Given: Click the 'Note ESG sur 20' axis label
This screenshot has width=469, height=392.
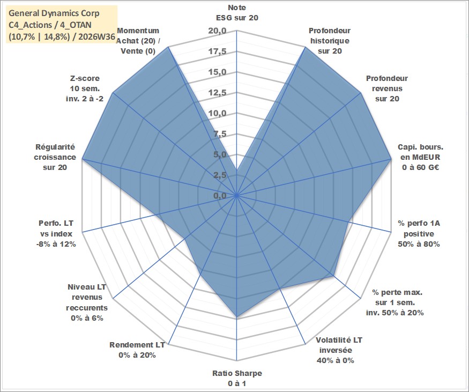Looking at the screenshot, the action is tap(237, 12).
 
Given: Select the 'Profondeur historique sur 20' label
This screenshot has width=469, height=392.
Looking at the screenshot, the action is tap(330, 41).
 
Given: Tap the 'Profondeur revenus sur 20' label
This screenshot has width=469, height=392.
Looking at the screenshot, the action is tap(387, 88).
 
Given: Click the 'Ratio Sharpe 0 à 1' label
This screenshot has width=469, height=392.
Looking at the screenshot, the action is tap(237, 378).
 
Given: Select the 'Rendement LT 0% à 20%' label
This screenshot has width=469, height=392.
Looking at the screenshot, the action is tap(137, 350).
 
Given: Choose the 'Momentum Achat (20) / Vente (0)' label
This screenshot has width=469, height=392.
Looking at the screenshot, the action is tap(138, 41).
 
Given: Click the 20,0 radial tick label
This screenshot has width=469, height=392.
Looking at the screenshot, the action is tap(218, 31).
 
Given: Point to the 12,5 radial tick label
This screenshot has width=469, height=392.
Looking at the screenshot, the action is tap(218, 93).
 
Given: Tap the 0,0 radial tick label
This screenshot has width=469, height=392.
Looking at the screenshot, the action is tap(220, 196).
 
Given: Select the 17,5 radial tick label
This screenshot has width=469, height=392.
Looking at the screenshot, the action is tap(218, 51).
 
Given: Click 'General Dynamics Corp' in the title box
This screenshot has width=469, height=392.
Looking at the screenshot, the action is tap(54, 13).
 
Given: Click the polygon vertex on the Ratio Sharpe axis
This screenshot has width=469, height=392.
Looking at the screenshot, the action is tap(237, 316).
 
